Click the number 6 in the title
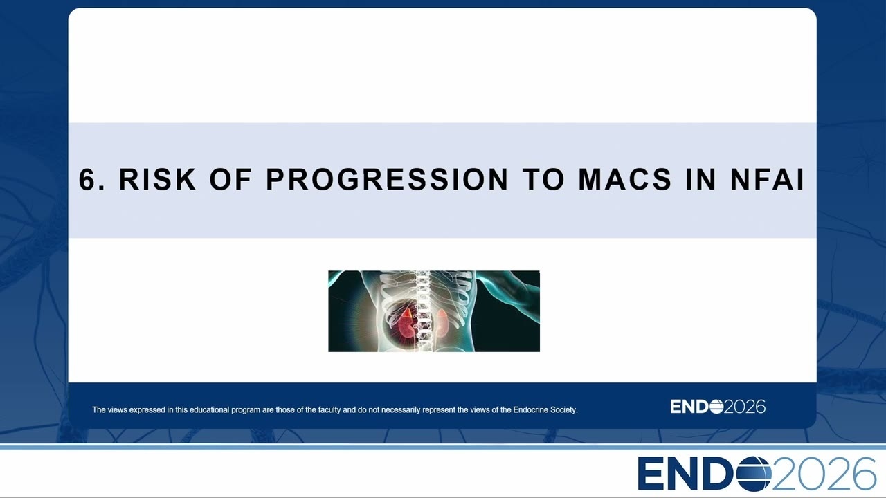88,179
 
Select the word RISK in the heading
157,179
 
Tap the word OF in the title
230,179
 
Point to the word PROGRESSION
387,179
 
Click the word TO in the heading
543,179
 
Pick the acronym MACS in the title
625,179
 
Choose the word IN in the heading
701,179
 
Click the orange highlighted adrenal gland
407,313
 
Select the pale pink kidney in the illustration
442,322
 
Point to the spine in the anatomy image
422,311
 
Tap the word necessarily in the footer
399,410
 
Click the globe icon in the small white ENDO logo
716,407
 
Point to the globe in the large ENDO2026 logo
754,474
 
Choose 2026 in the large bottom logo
824,474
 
